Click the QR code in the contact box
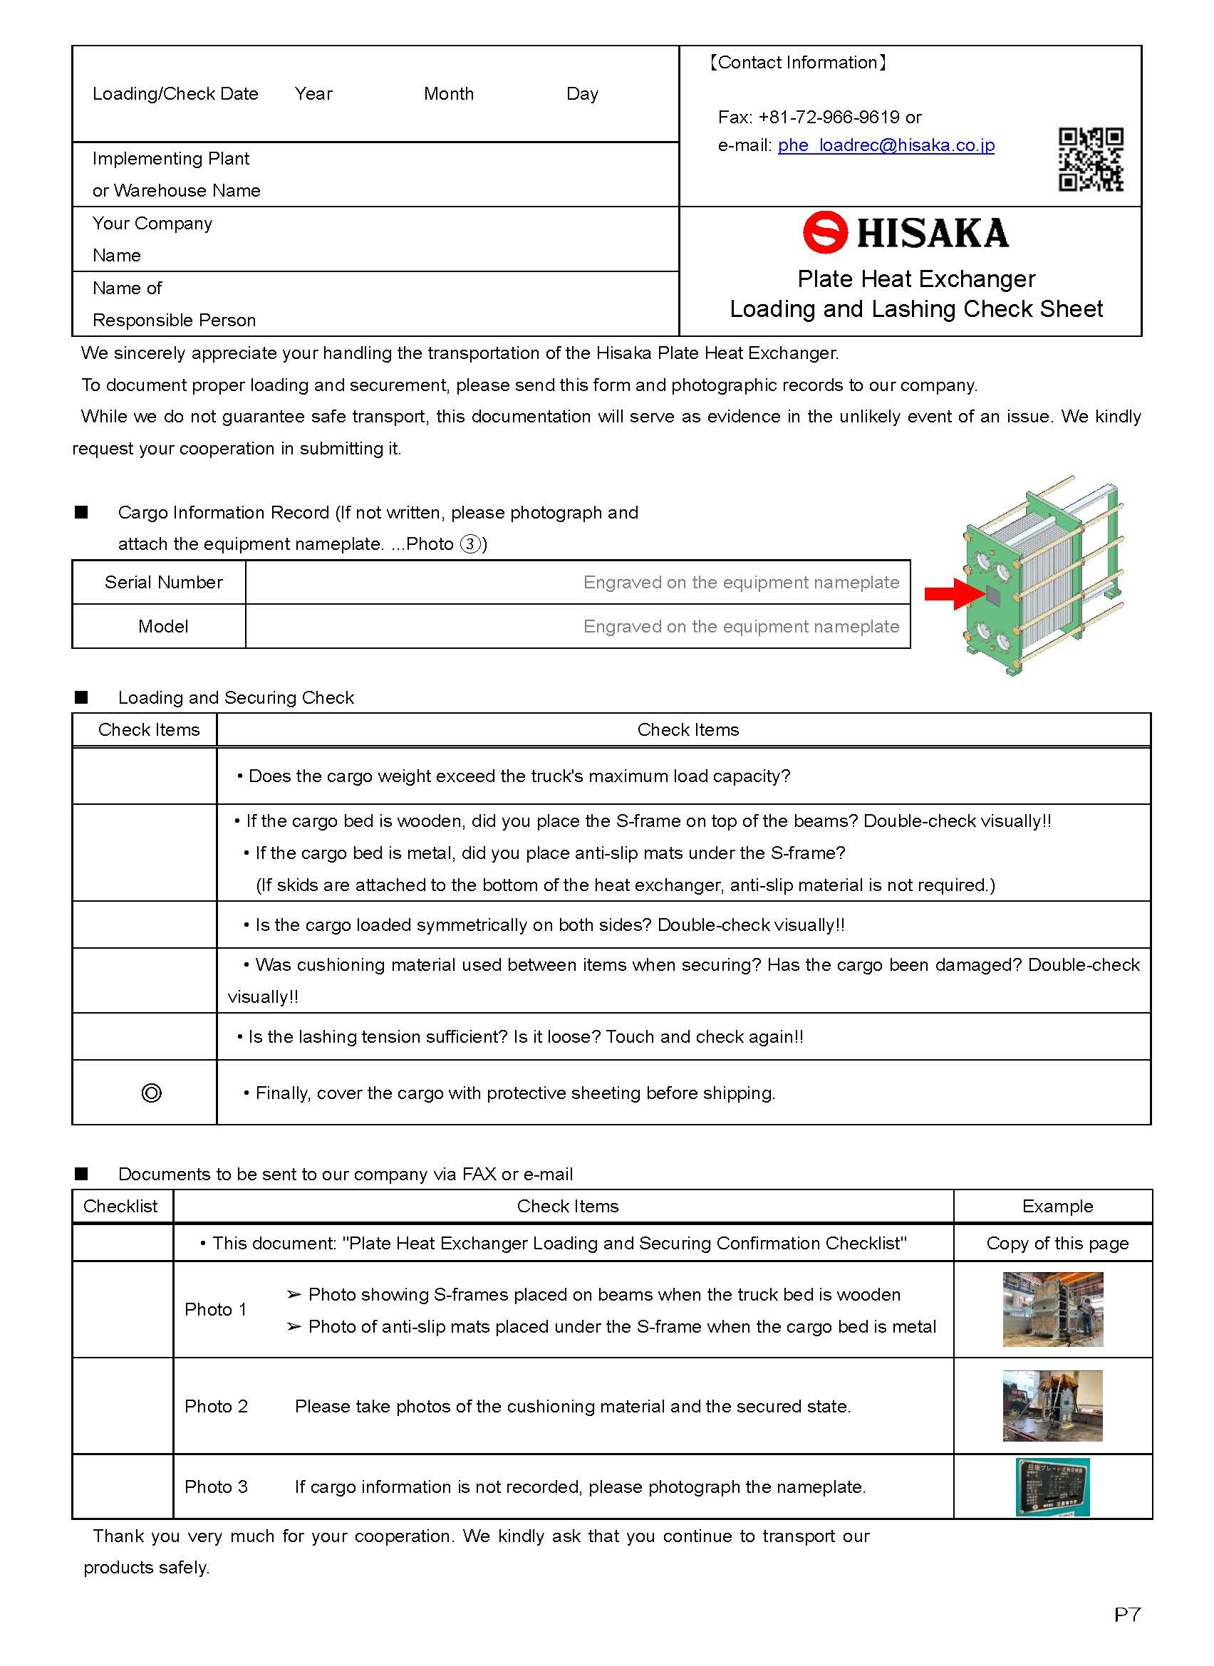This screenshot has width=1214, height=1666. [1091, 160]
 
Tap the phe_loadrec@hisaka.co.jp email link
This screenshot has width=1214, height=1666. [886, 145]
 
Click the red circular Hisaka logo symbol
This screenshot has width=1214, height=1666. [825, 233]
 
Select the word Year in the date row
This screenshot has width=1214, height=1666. [313, 94]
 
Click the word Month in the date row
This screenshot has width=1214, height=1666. [448, 94]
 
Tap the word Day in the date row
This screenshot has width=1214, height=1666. [582, 94]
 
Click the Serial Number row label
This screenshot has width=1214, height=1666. [163, 583]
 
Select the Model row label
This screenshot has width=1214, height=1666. [163, 627]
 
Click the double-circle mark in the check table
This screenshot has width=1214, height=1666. [150, 1093]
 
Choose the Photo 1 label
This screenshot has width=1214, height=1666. [215, 1309]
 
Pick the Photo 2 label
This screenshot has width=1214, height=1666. [216, 1406]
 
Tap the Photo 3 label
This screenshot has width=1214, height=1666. [216, 1487]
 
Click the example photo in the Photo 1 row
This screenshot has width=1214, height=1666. [1052, 1309]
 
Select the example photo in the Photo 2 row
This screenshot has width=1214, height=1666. [1052, 1405]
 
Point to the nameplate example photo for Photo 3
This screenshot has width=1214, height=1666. [1052, 1487]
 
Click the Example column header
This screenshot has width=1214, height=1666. [1057, 1206]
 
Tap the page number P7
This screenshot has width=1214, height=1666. [1126, 1615]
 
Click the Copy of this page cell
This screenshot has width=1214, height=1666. [1057, 1243]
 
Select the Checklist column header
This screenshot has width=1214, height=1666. [120, 1206]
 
